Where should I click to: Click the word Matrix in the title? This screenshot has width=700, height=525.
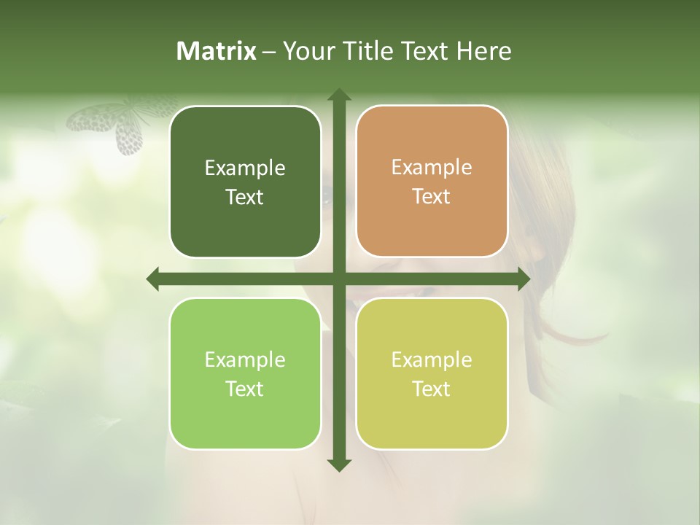217,51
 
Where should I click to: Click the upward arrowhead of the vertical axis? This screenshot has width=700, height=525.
339,96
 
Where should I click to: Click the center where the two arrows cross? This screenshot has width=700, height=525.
339,279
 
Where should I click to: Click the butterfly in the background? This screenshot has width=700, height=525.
117,124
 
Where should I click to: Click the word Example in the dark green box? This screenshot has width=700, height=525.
245,168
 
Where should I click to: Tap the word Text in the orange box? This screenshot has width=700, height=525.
432,197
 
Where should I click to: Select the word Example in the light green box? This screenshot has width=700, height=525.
245,359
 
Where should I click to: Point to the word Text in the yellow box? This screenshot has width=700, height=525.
432,389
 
